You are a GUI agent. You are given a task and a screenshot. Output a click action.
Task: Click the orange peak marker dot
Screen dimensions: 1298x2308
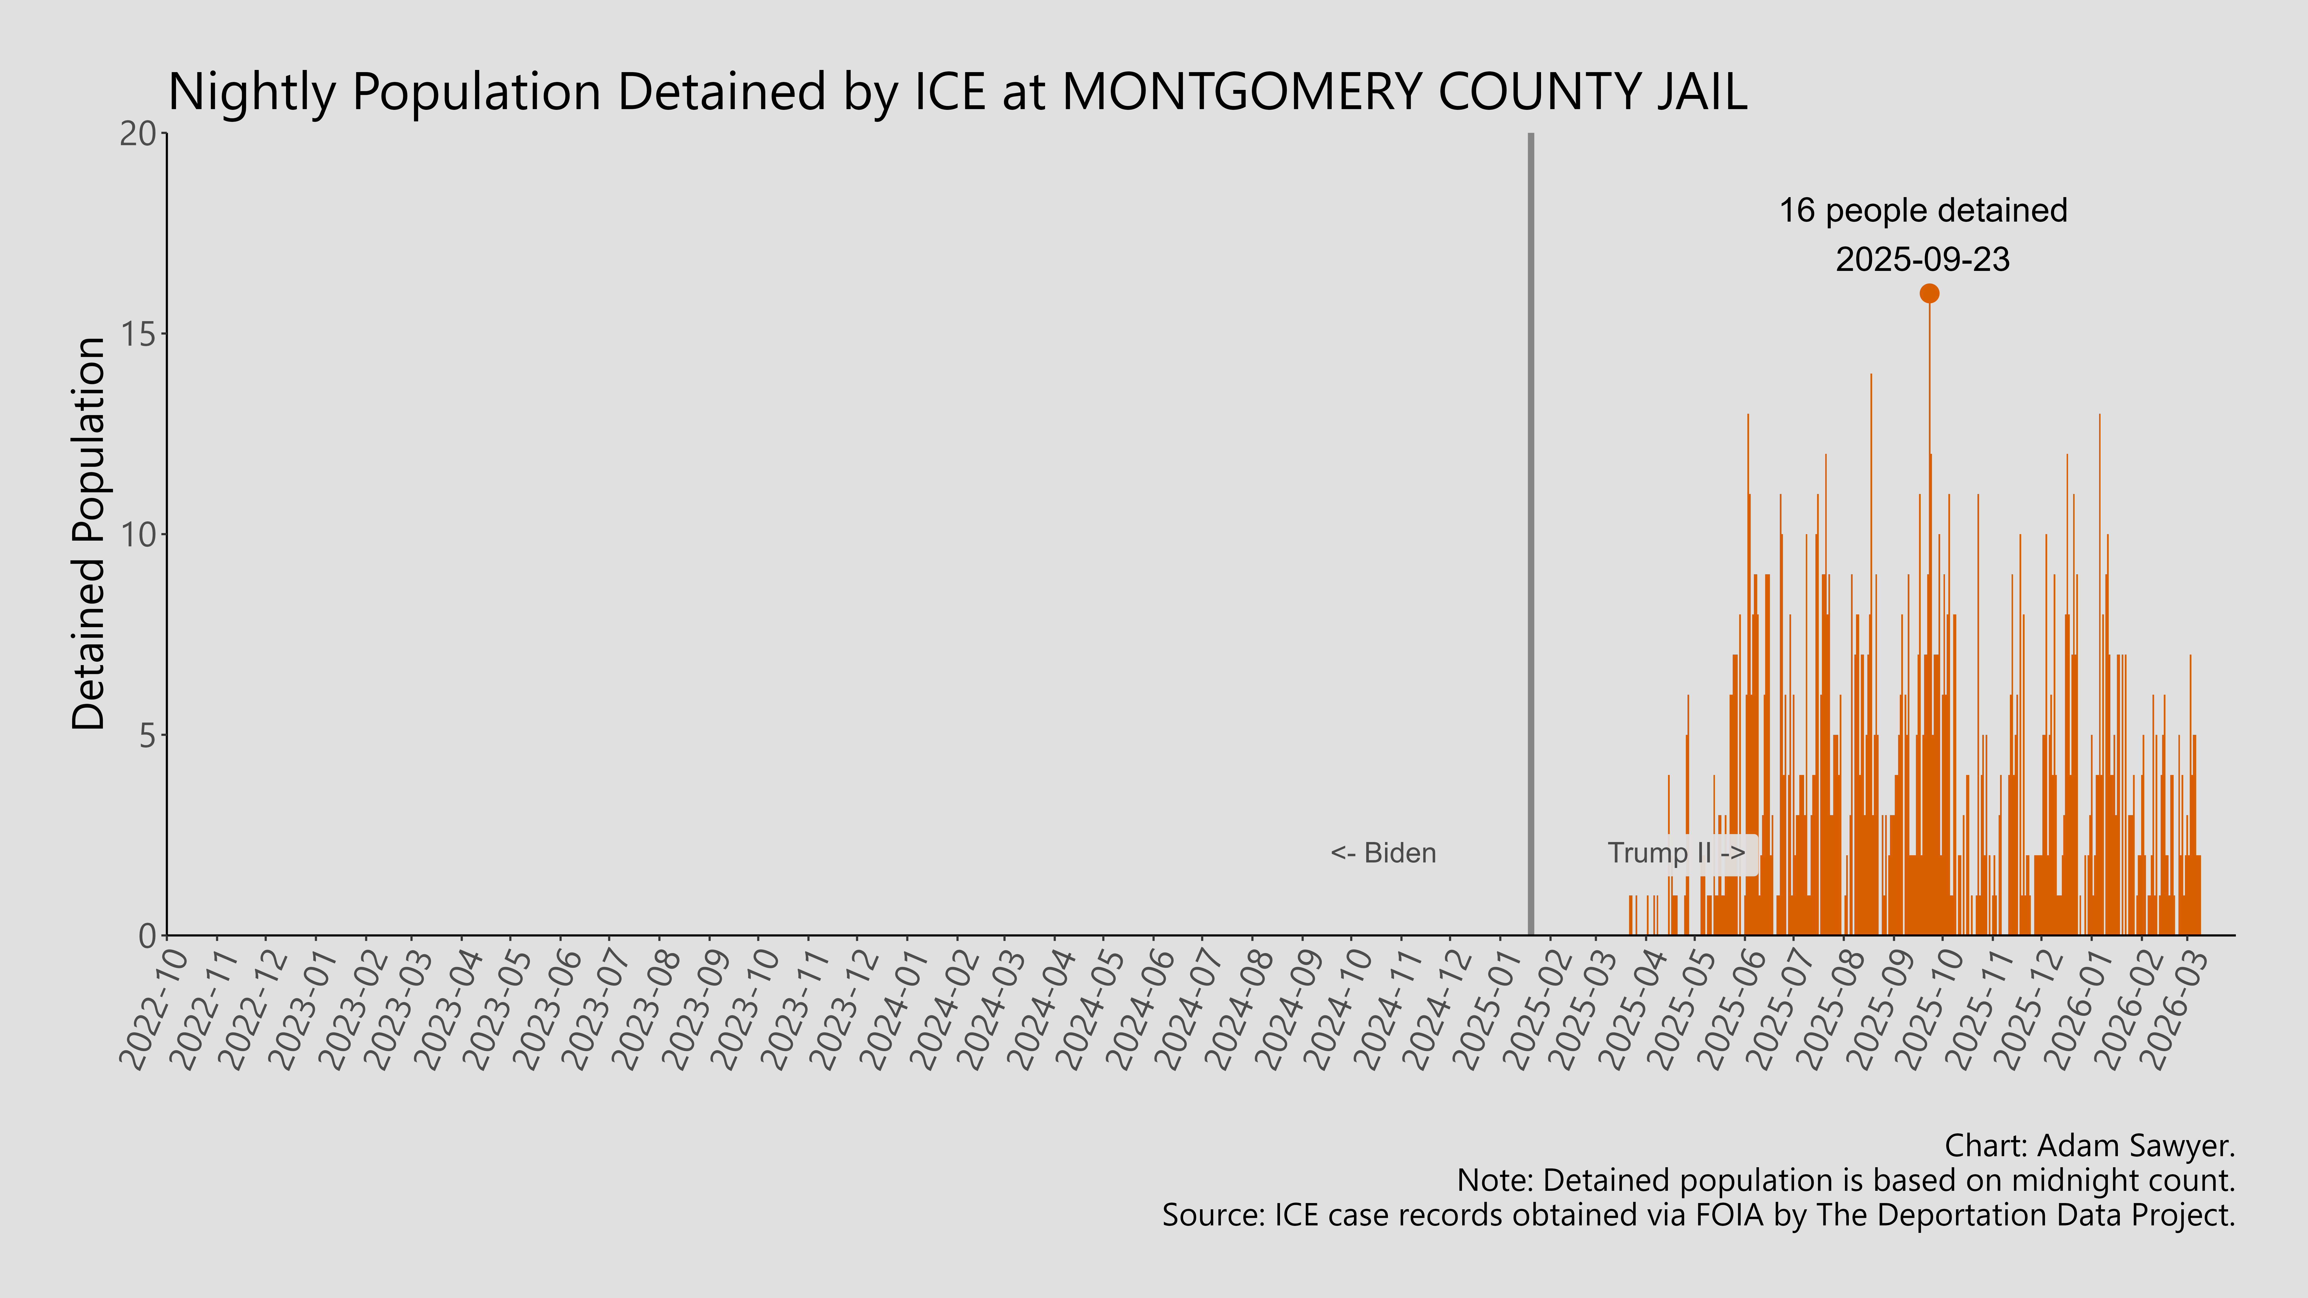click(x=1929, y=293)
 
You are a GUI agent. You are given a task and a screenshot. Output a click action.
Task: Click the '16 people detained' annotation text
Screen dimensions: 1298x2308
click(x=1923, y=211)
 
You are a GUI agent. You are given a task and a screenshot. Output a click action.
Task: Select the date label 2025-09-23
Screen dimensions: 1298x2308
click(x=1923, y=260)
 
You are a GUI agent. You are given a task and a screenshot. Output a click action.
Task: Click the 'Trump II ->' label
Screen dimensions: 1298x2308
click(x=1675, y=853)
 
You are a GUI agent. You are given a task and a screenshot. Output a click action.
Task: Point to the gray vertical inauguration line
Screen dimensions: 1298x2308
click(x=1530, y=537)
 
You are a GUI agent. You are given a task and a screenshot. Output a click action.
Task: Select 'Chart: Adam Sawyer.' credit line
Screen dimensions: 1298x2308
click(x=2089, y=1146)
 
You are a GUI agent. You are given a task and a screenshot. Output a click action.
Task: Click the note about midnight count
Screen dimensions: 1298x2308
click(x=1846, y=1181)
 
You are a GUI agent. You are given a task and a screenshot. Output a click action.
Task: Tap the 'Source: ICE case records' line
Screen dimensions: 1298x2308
click(x=1698, y=1216)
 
